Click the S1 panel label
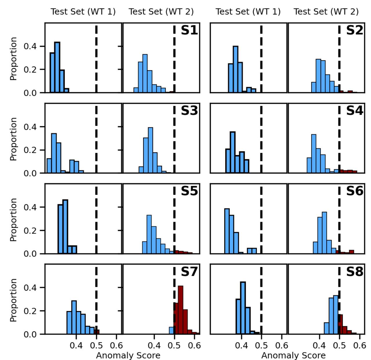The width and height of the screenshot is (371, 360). (189, 30)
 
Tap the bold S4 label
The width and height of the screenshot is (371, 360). (354, 111)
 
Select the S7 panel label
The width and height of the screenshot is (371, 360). (189, 272)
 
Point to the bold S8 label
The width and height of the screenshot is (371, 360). (354, 272)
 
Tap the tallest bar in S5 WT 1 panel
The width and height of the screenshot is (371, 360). (65, 227)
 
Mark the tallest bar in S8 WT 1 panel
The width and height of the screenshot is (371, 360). (243, 308)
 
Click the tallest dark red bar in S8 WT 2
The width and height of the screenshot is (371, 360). (340, 324)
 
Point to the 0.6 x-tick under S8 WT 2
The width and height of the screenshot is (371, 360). (360, 345)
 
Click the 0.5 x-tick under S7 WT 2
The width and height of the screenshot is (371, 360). (174, 345)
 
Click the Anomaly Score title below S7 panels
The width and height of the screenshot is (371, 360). (128, 355)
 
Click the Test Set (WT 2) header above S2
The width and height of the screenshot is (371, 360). (326, 12)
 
